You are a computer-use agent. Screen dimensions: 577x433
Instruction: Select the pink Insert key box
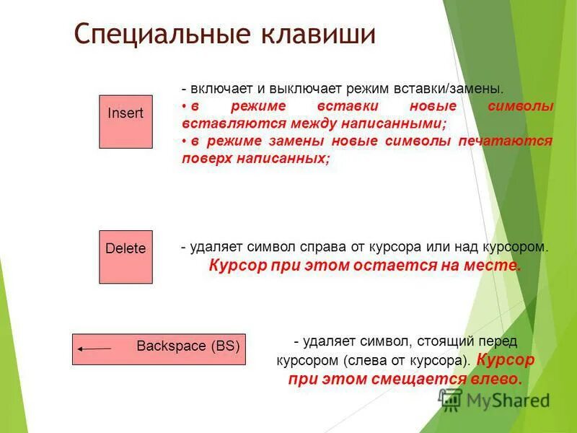click(x=125, y=121)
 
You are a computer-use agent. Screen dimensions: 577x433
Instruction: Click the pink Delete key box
click(x=125, y=256)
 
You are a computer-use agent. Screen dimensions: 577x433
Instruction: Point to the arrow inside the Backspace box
click(x=94, y=349)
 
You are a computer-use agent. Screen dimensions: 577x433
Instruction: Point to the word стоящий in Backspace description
click(x=439, y=341)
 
